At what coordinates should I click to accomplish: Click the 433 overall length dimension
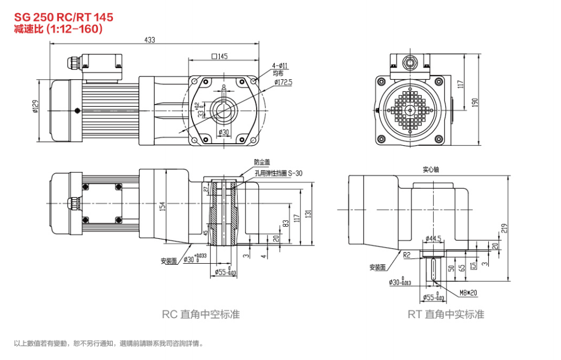click(x=149, y=40)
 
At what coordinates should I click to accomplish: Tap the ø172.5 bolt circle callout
click(x=284, y=83)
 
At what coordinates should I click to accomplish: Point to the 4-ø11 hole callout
click(x=280, y=66)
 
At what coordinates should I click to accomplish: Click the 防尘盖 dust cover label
click(x=262, y=162)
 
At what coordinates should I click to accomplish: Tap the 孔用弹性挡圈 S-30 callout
click(x=279, y=173)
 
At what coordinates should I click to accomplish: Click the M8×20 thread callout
click(x=469, y=293)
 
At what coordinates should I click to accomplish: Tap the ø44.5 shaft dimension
click(x=434, y=238)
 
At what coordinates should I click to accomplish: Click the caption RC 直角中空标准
click(x=201, y=315)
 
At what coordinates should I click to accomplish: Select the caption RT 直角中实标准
click(x=446, y=315)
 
